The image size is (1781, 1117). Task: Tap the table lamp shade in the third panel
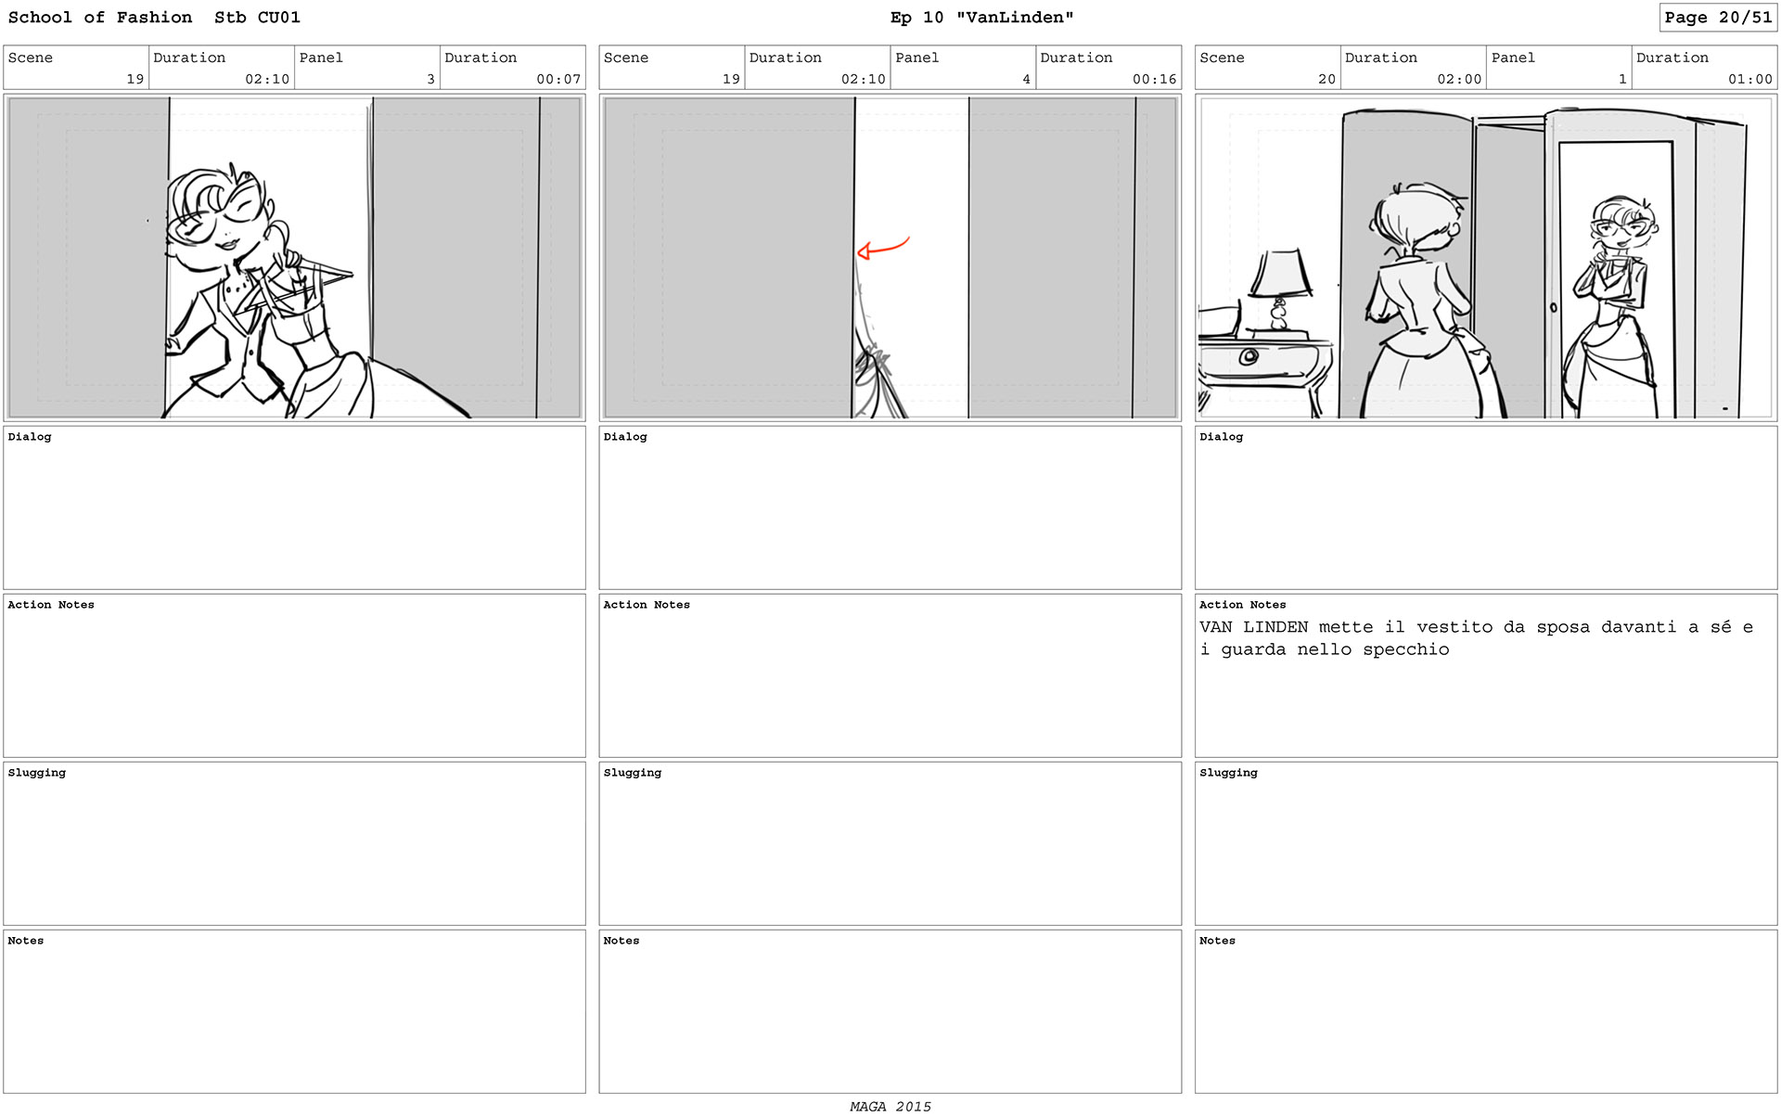1280,273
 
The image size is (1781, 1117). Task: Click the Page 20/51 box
1717,18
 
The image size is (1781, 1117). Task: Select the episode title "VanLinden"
1015,18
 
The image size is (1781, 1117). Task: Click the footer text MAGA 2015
890,1106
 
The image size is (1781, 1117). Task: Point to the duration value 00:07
558,79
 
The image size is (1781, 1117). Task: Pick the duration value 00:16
1154,79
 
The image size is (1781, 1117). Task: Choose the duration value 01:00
1749,79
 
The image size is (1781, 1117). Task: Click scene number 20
1326,79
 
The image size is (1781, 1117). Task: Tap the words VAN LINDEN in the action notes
1253,627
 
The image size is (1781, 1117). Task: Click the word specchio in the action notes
1405,649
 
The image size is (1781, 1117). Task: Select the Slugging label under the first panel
37,773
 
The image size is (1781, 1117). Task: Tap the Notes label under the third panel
1217,941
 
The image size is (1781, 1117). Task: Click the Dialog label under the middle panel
625,437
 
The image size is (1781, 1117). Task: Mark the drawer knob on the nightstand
1249,356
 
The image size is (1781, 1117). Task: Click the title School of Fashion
100,18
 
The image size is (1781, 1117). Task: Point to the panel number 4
1026,79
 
